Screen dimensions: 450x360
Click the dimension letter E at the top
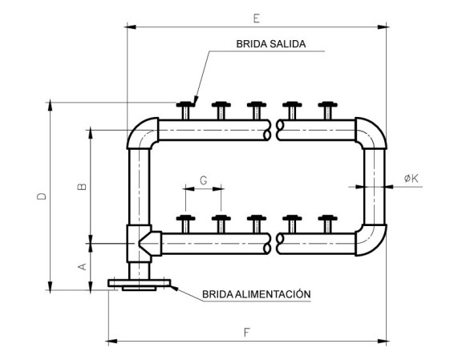pyautogui.click(x=257, y=18)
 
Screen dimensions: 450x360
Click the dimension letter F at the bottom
pyautogui.click(x=247, y=332)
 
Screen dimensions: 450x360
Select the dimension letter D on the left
pyautogui.click(x=42, y=196)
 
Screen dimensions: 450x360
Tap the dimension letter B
pyautogui.click(x=82, y=187)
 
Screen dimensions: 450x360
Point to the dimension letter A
pyautogui.click(x=83, y=266)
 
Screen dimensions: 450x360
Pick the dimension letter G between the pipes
pyautogui.click(x=204, y=180)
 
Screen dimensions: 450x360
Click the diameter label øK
pyautogui.click(x=411, y=179)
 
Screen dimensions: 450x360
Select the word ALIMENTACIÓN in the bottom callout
pyautogui.click(x=273, y=294)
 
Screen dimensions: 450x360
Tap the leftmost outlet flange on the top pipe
pyautogui.click(x=185, y=110)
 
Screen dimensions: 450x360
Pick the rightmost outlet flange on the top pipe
pyautogui.click(x=327, y=110)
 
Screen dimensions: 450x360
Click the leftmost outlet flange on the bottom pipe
pyautogui.click(x=185, y=224)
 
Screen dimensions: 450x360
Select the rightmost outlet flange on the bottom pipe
pyautogui.click(x=327, y=224)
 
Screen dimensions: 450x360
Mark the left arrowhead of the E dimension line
pyautogui.click(x=130, y=27)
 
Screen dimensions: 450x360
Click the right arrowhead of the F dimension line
pyautogui.click(x=383, y=342)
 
